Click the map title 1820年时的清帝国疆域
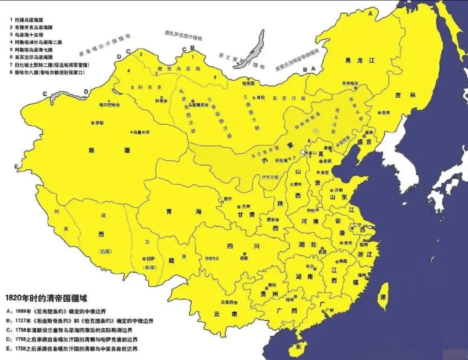coord(46,298)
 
